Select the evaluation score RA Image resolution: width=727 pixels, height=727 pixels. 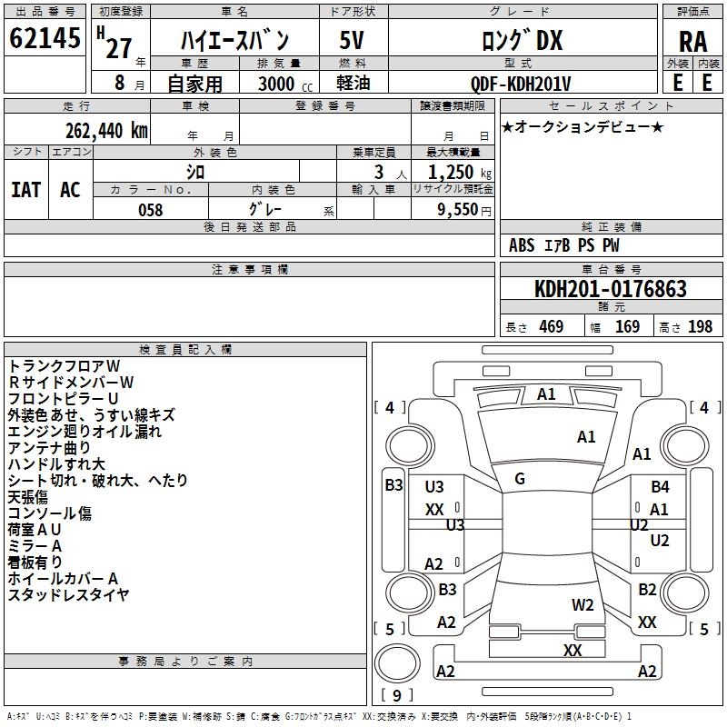coord(692,42)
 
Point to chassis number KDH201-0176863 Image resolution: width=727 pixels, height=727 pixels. coord(610,290)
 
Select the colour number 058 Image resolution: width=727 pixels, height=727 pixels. coord(150,210)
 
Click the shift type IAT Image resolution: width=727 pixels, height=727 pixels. coord(25,189)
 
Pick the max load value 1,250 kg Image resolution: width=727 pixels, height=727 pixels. coord(453,173)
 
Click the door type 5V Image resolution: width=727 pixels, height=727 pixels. coord(353,41)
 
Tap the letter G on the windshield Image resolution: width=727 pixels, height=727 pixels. coord(520,479)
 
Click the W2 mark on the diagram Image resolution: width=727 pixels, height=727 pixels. coord(583,604)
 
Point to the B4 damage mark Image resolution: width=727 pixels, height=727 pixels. coord(660,487)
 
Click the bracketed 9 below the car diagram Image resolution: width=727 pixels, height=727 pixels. coord(396,696)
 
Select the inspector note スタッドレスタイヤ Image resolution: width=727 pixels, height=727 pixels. coord(69,595)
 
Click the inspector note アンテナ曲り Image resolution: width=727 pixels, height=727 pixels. coord(49,448)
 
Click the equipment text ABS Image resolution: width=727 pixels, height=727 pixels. coord(522,245)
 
